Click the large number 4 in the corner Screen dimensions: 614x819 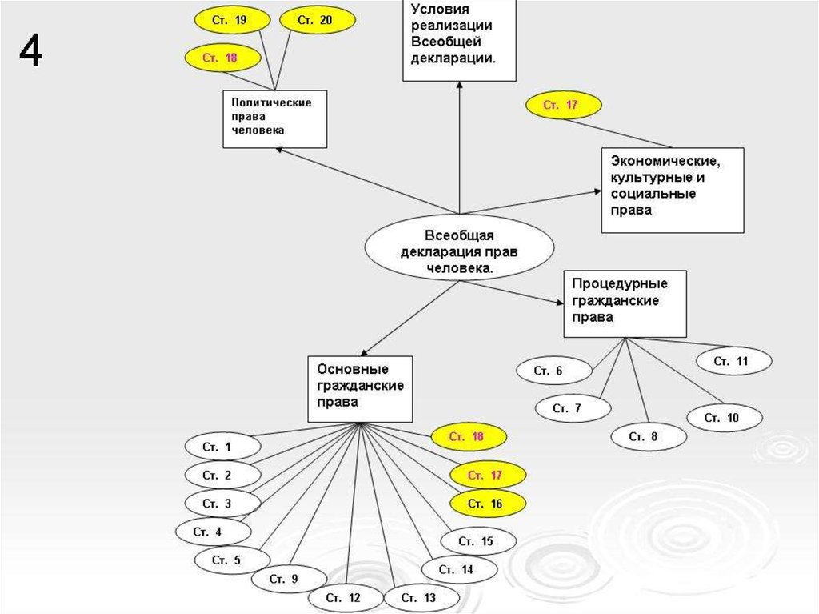click(x=30, y=53)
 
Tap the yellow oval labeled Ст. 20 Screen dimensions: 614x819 click(x=314, y=21)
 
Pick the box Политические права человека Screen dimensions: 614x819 click(x=274, y=118)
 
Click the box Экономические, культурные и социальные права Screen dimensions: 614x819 click(x=661, y=189)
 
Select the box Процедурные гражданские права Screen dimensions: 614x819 click(x=625, y=303)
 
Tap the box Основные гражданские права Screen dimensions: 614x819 click(x=360, y=389)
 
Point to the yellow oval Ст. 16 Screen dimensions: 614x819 click(x=487, y=504)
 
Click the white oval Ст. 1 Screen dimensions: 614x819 click(x=222, y=447)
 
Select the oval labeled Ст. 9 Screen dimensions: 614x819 click(x=289, y=578)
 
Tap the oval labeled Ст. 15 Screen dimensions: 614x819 click(x=477, y=542)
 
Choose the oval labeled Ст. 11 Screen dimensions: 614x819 click(x=733, y=362)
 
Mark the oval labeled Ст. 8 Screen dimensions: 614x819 click(x=649, y=436)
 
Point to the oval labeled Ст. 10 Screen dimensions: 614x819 click(x=724, y=418)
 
